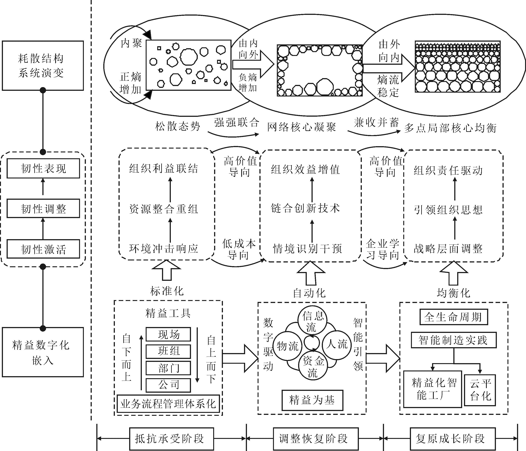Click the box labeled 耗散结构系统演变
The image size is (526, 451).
[x=43, y=65]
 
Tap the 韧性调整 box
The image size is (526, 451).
[x=43, y=209]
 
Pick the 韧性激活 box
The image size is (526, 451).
[x=43, y=249]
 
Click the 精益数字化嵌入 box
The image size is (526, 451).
[x=43, y=352]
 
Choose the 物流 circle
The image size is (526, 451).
[x=288, y=346]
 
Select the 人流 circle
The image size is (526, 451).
[x=337, y=345]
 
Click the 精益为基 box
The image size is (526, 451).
[x=312, y=400]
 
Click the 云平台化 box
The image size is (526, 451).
[x=480, y=390]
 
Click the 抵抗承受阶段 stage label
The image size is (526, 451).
[x=171, y=439]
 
